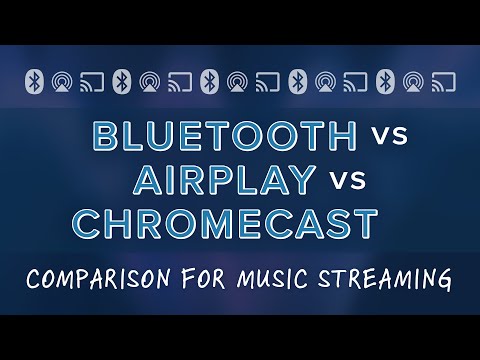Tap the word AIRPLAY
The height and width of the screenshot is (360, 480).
227,180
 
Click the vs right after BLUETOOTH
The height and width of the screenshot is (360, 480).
386,138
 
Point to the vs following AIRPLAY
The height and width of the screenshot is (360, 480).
347,181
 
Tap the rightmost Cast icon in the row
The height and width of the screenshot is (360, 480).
444,79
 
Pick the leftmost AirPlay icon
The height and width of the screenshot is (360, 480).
63,79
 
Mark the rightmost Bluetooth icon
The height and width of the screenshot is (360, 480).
385,79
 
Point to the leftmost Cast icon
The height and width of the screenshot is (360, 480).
92,79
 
